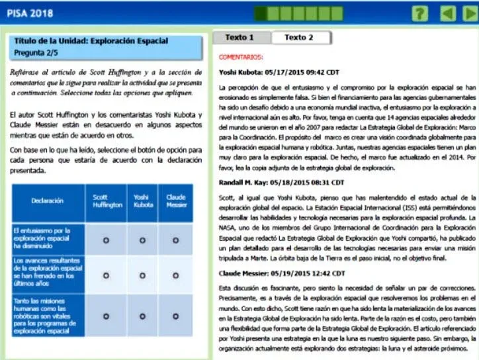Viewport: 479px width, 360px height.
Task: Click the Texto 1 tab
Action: coord(239,38)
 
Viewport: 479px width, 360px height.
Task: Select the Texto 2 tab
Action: coord(298,38)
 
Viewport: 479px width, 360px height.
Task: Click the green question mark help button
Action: coord(419,13)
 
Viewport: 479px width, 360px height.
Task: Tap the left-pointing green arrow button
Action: coord(447,13)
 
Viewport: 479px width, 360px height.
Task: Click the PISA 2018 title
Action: coord(30,13)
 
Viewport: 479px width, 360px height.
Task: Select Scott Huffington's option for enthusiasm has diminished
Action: coord(106,240)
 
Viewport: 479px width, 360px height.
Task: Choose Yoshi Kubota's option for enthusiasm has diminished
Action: coord(142,240)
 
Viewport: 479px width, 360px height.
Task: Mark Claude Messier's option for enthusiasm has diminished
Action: coord(175,240)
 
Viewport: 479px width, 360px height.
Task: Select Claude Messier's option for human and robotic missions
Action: coord(175,316)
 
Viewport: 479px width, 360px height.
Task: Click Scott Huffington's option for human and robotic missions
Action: coord(106,316)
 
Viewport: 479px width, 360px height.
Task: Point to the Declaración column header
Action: coord(47,201)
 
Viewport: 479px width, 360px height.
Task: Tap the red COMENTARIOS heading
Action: coord(240,58)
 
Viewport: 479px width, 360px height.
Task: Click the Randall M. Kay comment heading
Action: coord(281,182)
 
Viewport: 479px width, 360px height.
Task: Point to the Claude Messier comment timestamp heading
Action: coord(281,273)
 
